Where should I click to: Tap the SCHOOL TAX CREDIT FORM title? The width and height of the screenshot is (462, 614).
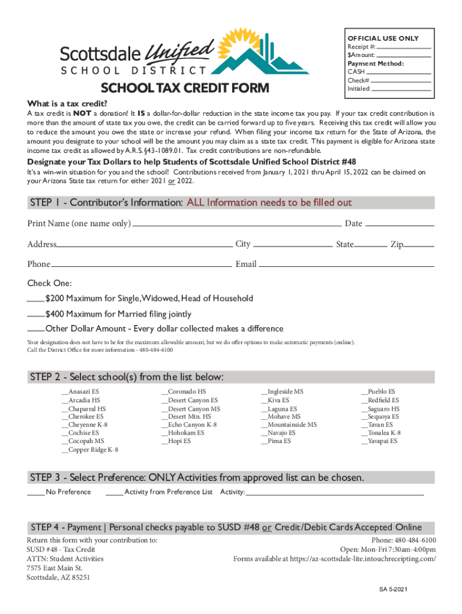click(x=185, y=89)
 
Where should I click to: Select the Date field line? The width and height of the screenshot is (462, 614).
click(x=399, y=225)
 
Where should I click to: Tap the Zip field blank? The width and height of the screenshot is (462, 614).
click(x=420, y=245)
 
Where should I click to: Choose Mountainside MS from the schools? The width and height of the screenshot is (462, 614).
click(x=289, y=425)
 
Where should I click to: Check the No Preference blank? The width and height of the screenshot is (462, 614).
click(x=35, y=493)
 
